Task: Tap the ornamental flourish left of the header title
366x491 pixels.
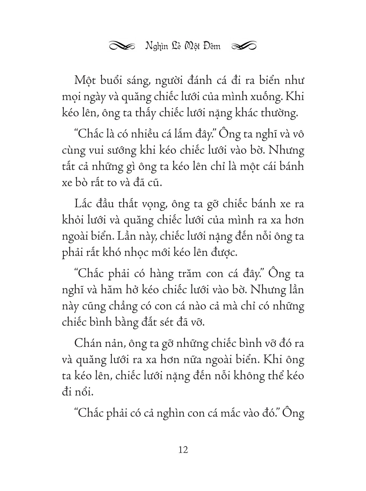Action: (x=121, y=46)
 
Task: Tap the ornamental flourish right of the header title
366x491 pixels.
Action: (x=244, y=46)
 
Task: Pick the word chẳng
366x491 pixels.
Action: (x=116, y=307)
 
